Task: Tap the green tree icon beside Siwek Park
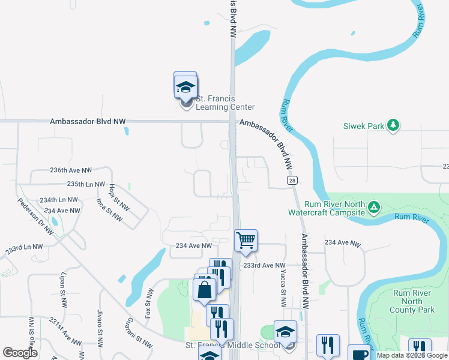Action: point(393,125)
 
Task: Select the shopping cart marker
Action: point(246,241)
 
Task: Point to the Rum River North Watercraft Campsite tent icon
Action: point(374,208)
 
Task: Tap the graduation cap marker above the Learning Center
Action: point(185,88)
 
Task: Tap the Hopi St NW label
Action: point(119,196)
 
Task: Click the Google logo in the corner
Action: point(20,353)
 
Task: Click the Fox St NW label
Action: point(149,304)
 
